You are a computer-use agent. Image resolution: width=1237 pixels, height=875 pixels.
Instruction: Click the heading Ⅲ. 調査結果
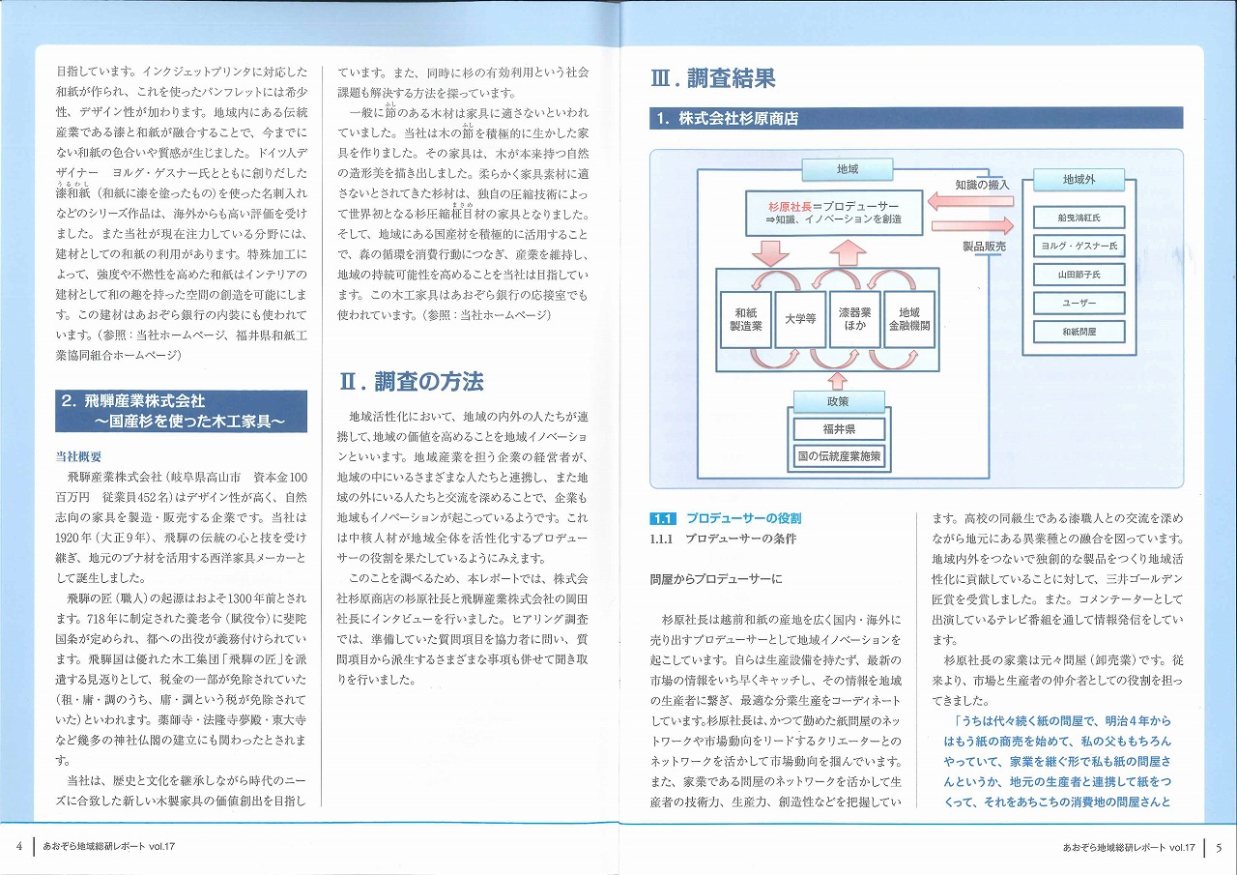point(713,77)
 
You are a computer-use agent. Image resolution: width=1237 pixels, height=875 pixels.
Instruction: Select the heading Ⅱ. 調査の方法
point(412,382)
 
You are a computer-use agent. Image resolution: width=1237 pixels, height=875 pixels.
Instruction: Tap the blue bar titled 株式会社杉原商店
point(915,119)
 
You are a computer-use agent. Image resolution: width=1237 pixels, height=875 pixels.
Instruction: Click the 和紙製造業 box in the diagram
point(748,319)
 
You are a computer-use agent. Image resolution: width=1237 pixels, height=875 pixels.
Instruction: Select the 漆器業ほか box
point(854,319)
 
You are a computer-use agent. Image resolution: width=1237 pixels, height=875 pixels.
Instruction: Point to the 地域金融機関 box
point(908,319)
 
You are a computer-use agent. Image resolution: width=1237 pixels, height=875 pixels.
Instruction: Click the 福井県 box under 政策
point(839,429)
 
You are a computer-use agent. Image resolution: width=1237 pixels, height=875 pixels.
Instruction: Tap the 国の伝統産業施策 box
point(839,455)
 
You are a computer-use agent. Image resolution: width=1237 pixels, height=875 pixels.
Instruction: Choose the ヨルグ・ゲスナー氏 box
point(1079,246)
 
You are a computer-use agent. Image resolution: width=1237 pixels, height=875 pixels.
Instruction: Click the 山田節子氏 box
point(1079,275)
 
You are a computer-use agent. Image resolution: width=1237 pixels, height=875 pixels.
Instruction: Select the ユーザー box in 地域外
point(1079,303)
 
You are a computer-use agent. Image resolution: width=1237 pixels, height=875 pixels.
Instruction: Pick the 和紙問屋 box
point(1079,332)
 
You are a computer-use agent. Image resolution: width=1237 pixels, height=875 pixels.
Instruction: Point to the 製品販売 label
point(984,247)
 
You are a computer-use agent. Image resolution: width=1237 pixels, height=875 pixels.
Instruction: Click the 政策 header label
point(838,400)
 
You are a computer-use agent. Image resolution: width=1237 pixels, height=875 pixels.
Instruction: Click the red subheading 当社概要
point(79,456)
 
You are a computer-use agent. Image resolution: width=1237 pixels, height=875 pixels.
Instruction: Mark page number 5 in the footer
point(1219,848)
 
